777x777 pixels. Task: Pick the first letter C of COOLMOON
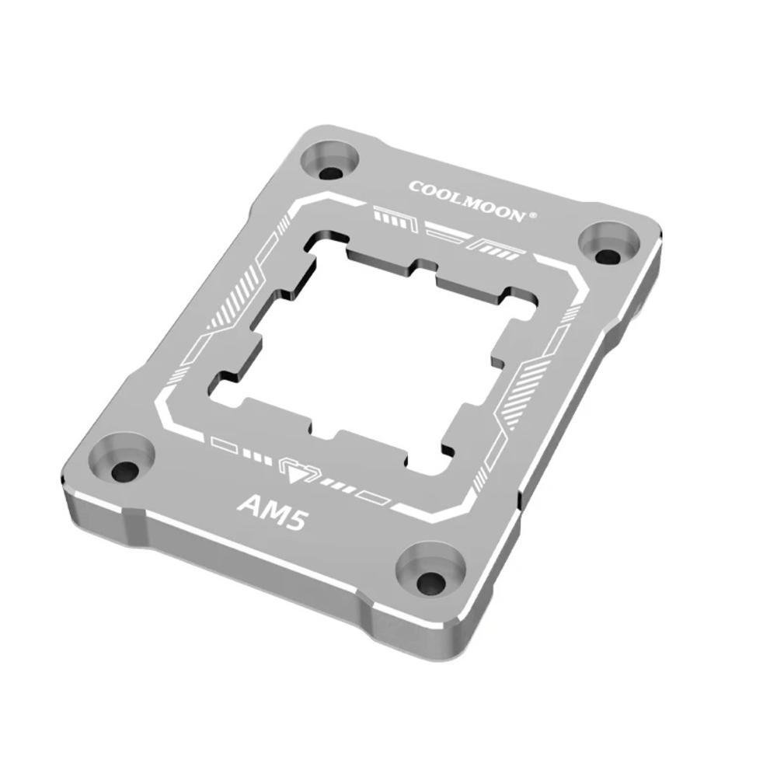click(414, 186)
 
